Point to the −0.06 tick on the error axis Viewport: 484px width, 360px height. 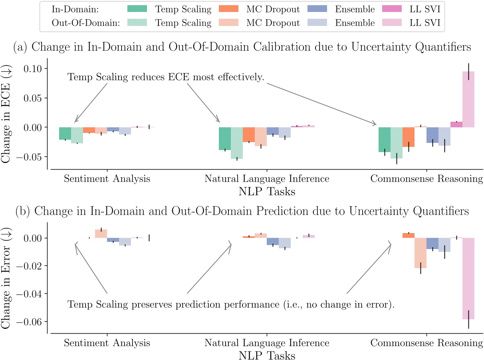click(31, 322)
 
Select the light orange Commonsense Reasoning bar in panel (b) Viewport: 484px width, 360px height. click(421, 253)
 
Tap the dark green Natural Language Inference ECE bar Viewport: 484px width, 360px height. click(225, 138)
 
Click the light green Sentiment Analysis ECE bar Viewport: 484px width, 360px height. click(77, 135)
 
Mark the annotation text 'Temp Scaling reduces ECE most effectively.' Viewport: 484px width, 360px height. click(166, 77)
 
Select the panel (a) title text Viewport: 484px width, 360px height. click(242, 47)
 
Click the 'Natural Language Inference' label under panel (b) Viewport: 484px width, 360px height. click(267, 343)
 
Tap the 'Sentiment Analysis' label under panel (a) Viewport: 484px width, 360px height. click(107, 178)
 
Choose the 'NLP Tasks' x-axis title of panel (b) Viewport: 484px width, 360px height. click(267, 355)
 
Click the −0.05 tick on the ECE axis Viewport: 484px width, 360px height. click(31, 156)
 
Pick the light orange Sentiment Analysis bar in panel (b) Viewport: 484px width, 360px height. click(101, 234)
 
